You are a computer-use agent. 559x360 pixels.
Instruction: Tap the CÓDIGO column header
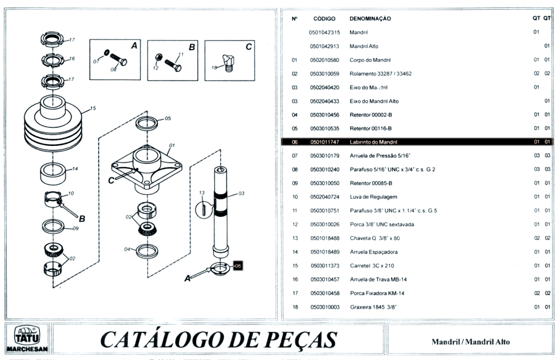(x=324, y=19)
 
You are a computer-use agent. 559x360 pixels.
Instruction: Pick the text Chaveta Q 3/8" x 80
(x=375, y=238)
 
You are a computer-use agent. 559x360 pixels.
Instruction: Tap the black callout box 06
(x=237, y=265)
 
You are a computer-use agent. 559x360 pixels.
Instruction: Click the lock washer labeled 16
(x=51, y=59)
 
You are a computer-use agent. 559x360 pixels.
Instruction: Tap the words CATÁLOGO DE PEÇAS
(x=218, y=339)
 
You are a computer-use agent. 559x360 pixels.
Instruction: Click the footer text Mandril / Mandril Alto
(x=471, y=341)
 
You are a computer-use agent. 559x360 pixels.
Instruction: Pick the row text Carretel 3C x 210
(x=372, y=265)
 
